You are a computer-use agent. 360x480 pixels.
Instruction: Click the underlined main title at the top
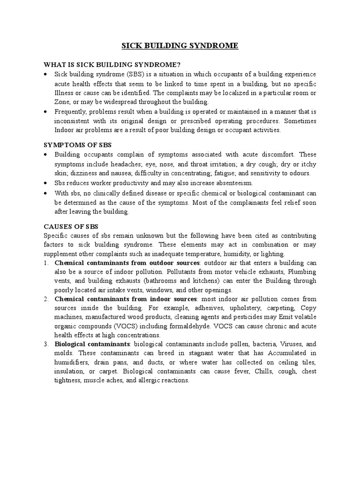click(x=180, y=45)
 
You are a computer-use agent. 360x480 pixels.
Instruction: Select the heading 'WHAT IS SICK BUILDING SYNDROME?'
click(x=105, y=65)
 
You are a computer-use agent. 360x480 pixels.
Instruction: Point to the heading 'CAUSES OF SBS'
click(x=71, y=226)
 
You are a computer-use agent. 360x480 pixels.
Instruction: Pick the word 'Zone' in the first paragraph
click(x=63, y=102)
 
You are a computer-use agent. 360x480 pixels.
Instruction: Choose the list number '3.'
click(x=46, y=344)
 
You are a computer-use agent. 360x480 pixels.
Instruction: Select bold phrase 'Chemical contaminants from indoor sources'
click(x=125, y=299)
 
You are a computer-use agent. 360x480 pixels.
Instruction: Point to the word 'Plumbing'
click(x=302, y=271)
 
